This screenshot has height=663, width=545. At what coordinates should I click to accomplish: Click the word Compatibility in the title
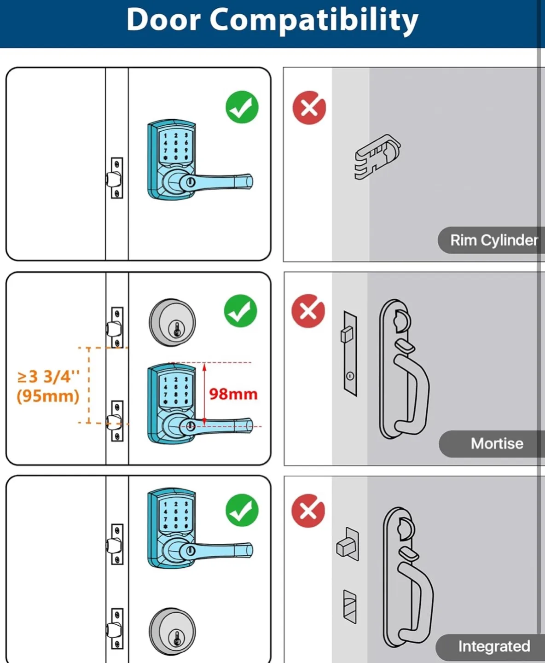[314, 21]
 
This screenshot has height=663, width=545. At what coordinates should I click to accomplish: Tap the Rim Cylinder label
[493, 240]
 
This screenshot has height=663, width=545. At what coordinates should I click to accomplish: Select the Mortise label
[497, 443]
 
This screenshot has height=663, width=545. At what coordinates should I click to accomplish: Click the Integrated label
[493, 646]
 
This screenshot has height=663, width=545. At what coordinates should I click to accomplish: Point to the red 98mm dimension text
[233, 394]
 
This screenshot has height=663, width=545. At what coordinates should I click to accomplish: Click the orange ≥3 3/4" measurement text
[48, 377]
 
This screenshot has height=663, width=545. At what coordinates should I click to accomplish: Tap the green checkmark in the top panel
[242, 107]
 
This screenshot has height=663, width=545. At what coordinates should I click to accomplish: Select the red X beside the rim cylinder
[309, 108]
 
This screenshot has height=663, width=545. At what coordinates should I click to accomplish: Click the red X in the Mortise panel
[308, 311]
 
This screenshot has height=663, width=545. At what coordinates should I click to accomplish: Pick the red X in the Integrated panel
[308, 511]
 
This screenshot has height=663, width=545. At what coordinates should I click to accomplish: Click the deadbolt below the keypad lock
[172, 631]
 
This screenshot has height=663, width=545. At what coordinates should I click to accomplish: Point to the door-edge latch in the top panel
[115, 178]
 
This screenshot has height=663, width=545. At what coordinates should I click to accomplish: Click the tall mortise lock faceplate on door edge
[350, 353]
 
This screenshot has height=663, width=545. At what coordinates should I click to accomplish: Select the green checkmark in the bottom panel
[242, 511]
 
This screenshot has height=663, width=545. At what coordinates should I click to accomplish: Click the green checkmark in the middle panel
[241, 311]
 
